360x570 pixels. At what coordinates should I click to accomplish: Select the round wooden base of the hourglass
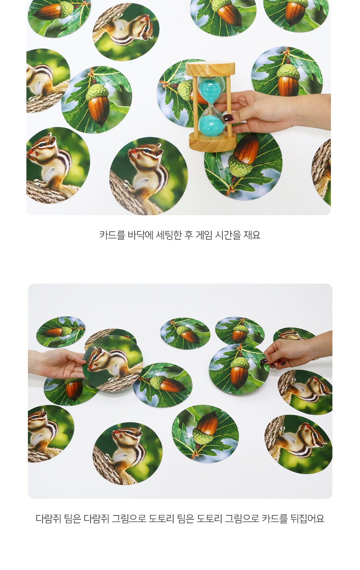[212, 142]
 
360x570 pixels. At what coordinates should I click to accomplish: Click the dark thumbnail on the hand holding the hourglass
[228, 117]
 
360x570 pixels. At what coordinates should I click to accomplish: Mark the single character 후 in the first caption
[189, 235]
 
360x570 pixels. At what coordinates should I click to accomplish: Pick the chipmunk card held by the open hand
[113, 363]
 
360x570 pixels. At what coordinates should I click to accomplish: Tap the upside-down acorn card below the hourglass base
[243, 167]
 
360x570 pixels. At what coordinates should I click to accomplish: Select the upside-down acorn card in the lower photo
[205, 432]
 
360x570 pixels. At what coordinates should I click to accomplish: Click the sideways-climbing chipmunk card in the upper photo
[126, 32]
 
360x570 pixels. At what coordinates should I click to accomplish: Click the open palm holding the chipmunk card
[57, 363]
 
